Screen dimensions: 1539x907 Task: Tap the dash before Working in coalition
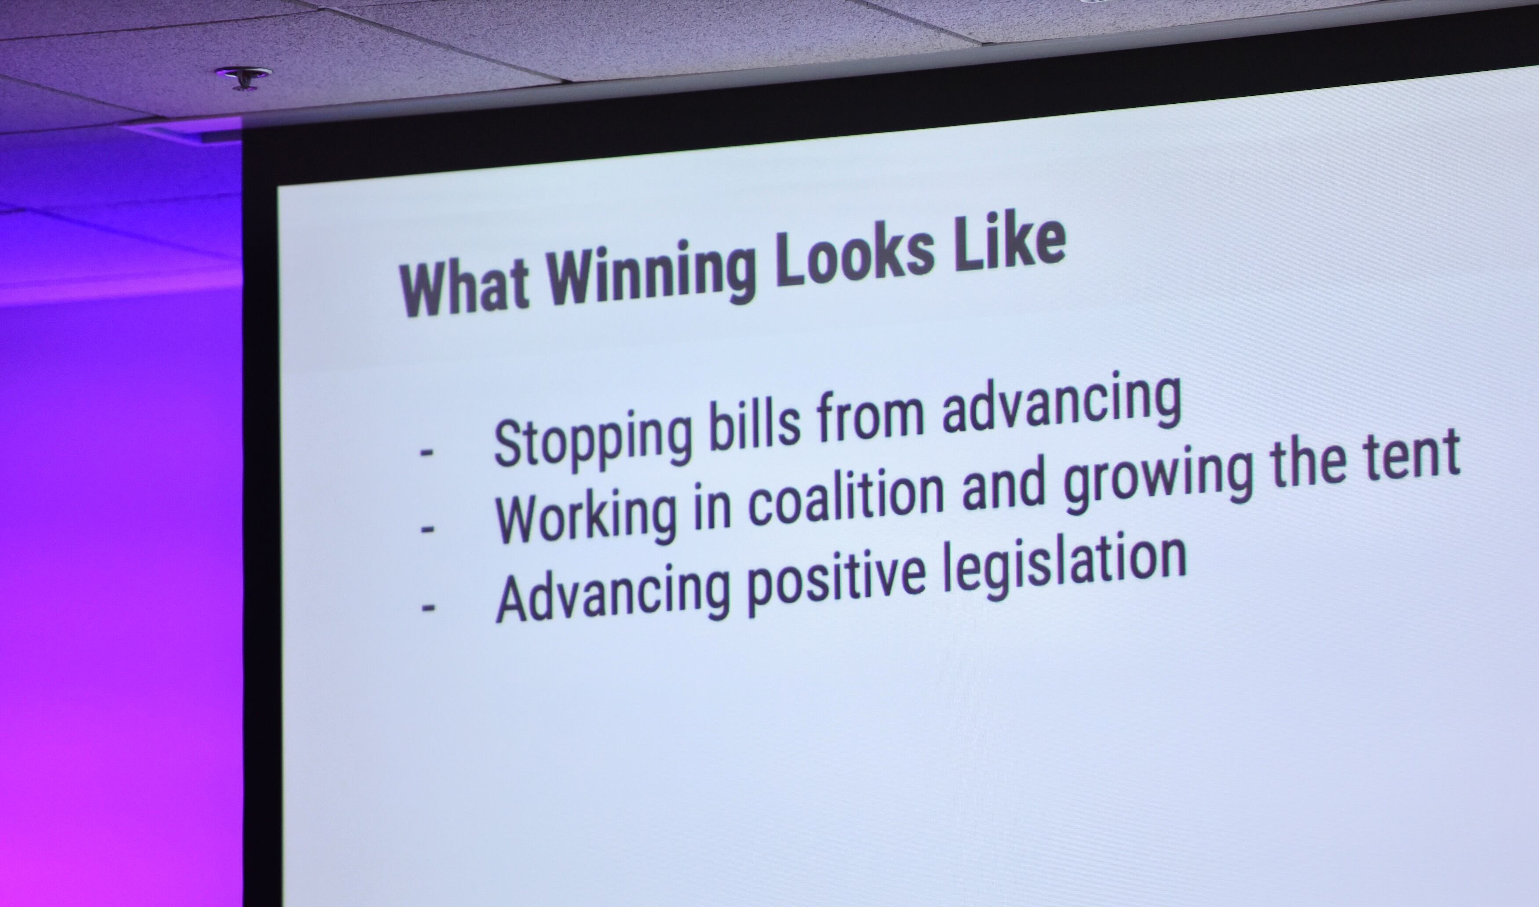pyautogui.click(x=427, y=529)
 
